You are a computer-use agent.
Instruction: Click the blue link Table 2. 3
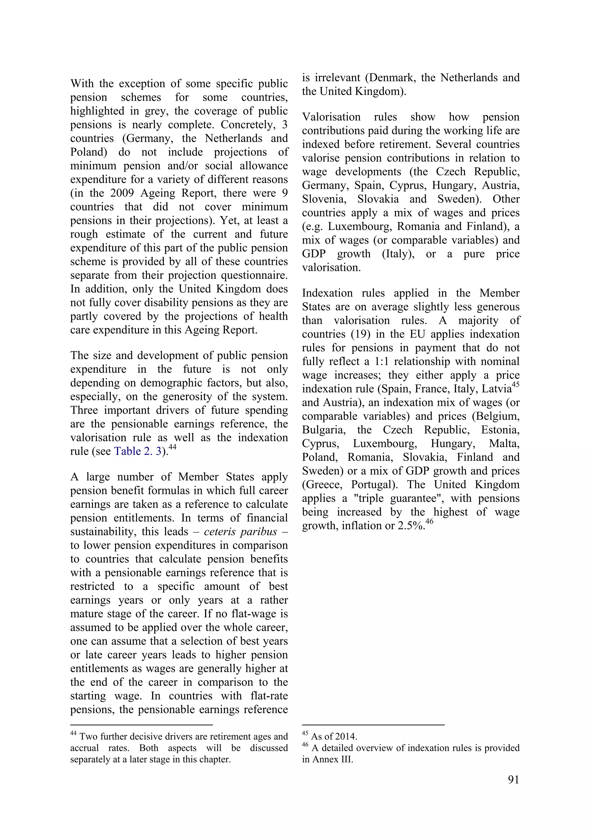coord(137,451)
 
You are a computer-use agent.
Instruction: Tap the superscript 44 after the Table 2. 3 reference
coord(172,447)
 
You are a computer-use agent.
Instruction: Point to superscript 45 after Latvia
coord(516,385)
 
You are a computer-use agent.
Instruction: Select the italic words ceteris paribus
coord(240,532)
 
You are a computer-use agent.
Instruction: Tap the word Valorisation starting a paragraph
coord(331,117)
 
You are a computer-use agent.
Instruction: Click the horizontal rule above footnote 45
coord(373,725)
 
